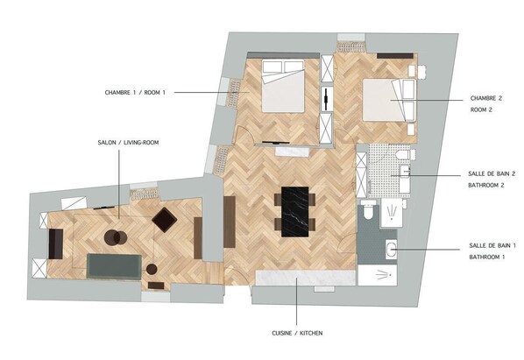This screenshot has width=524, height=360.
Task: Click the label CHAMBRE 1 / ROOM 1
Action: [x=135, y=93]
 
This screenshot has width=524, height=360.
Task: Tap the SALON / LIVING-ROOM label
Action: [x=128, y=143]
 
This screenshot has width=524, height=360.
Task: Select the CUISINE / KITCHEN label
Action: [x=297, y=333]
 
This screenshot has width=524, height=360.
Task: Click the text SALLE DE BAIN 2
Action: [x=492, y=173]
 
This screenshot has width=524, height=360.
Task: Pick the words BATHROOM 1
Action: [x=487, y=258]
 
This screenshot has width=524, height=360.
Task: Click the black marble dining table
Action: [x=294, y=212]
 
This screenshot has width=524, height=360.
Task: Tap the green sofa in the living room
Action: [x=114, y=266]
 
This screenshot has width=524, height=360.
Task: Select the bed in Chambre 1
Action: [x=283, y=86]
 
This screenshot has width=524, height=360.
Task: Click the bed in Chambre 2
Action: [x=389, y=100]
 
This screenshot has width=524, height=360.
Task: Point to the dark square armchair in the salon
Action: [x=165, y=219]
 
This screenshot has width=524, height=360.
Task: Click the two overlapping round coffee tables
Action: [x=116, y=237]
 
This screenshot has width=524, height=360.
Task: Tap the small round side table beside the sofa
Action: [x=152, y=269]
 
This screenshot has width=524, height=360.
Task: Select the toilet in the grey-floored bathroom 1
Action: [x=369, y=210]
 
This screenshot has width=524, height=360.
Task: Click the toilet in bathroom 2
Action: [x=403, y=155]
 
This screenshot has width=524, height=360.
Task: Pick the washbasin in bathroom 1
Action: [x=391, y=249]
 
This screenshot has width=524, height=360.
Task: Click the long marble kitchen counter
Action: [x=306, y=278]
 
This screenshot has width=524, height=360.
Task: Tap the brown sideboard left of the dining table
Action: [x=230, y=222]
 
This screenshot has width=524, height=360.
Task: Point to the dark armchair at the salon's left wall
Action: [x=56, y=244]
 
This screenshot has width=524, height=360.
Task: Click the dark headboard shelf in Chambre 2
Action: [x=395, y=56]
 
